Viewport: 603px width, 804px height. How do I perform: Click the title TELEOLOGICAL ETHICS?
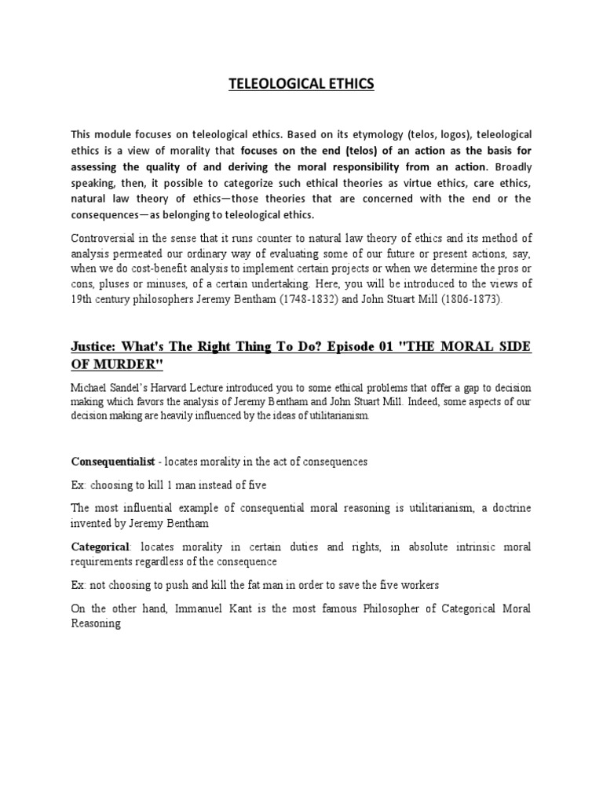click(x=301, y=85)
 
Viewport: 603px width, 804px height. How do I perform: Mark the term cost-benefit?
click(x=183, y=269)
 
